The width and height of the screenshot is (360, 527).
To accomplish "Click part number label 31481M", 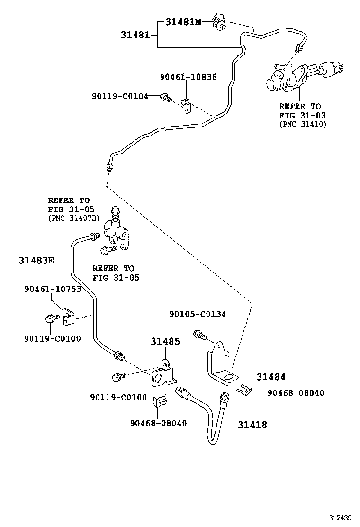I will coord(184,21).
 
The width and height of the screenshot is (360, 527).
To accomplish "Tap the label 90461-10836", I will coord(188,77).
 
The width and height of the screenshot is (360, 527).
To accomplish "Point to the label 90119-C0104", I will coord(120,96).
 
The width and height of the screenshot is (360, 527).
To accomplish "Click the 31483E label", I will coord(36,260).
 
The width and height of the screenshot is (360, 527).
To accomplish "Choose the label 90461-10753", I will coord(53,289).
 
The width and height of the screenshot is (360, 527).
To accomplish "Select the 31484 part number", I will coord(271,377).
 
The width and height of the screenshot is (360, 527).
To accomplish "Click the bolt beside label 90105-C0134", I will coord(199,335).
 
